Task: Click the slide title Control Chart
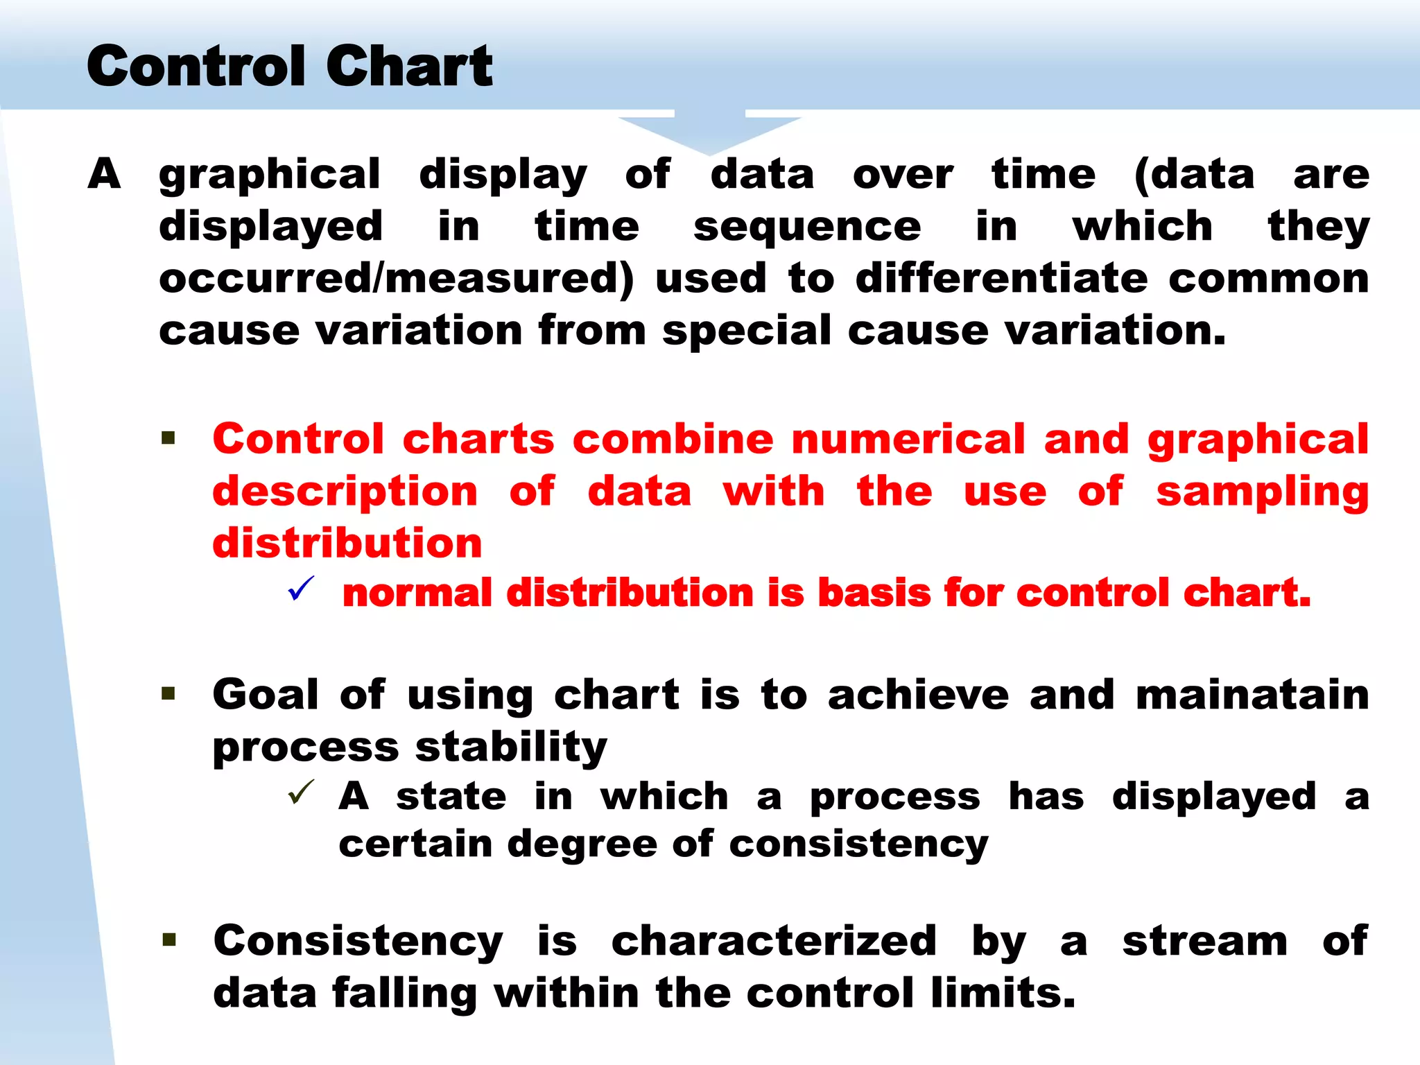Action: (289, 66)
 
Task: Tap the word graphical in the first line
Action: (269, 174)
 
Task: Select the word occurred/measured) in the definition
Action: (396, 278)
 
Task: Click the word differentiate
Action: (1001, 278)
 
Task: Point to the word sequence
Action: (807, 227)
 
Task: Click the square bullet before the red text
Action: (168, 438)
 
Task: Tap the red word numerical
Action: (908, 439)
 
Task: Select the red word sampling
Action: (1262, 492)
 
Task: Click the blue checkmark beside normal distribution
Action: (301, 589)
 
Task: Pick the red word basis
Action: (874, 594)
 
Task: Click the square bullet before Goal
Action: (168, 694)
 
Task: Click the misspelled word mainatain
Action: (1252, 695)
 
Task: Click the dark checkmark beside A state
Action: (301, 793)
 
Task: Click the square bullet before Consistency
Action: (168, 940)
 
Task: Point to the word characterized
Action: (774, 941)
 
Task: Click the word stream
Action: (1205, 941)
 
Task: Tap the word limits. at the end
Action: (1003, 993)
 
